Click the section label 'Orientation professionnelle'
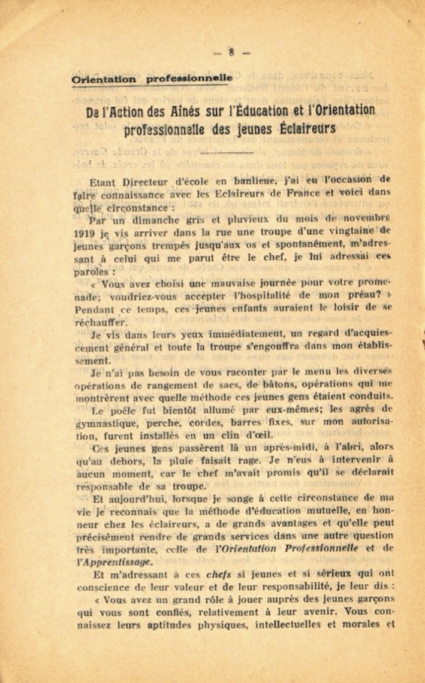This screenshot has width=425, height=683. [152, 78]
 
